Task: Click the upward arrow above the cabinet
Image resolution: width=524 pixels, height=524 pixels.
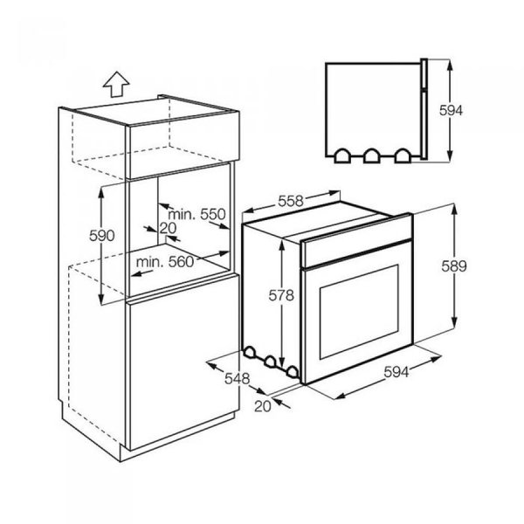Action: tap(114, 85)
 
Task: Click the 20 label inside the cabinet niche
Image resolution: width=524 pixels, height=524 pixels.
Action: tap(169, 229)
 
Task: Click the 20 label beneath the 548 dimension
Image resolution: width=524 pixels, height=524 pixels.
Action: tap(260, 405)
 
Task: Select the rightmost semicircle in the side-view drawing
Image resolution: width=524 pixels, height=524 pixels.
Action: tap(402, 155)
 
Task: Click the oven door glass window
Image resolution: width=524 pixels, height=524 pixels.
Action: tap(355, 319)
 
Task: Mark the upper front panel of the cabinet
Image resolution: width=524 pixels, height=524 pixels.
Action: tap(183, 141)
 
